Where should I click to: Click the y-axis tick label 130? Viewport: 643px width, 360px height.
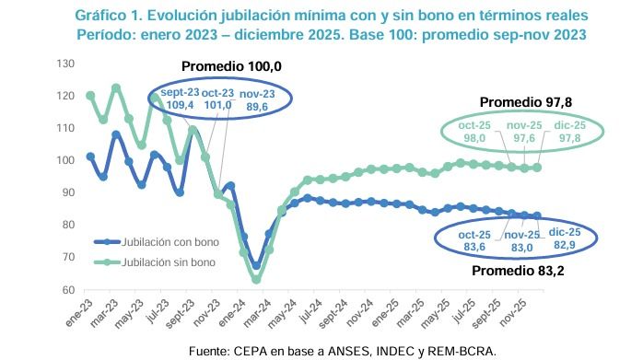click(x=64, y=64)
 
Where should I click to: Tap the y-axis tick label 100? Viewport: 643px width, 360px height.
click(x=64, y=160)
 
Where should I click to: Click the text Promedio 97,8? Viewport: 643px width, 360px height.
click(x=516, y=102)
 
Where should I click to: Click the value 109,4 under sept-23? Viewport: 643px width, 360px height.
click(x=179, y=106)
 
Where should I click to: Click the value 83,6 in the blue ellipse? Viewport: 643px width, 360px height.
click(x=474, y=246)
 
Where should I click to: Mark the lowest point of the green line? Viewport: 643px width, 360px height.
click(x=257, y=279)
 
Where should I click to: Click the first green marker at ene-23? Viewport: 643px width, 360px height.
click(x=90, y=96)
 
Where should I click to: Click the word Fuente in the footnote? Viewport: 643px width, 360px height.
click(x=212, y=351)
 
